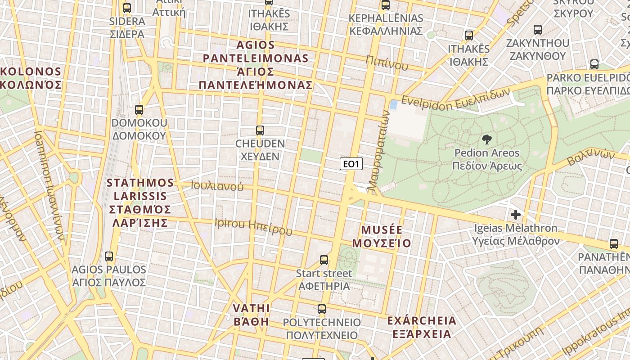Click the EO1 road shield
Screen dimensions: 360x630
pos(351,164)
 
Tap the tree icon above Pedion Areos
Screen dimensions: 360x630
pos(486,139)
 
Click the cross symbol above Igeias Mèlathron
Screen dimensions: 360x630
pos(516,215)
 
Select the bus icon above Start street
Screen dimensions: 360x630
pos(324,260)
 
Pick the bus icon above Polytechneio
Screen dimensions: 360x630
pos(321,309)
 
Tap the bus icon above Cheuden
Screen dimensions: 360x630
pos(260,130)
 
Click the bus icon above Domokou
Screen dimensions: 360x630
pos(139,110)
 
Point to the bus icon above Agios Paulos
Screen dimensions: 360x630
pos(108,256)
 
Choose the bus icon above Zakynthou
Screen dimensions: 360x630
pos(537,30)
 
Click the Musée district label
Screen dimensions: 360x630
pos(382,237)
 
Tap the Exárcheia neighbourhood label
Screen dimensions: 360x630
pos(422,327)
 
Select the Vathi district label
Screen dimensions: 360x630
pos(252,315)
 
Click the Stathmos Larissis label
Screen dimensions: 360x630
pos(140,202)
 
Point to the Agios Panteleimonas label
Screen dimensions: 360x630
pos(256,65)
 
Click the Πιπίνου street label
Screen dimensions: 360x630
pos(387,63)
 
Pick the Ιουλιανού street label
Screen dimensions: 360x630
pos(217,186)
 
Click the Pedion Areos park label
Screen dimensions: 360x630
pos(487,159)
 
